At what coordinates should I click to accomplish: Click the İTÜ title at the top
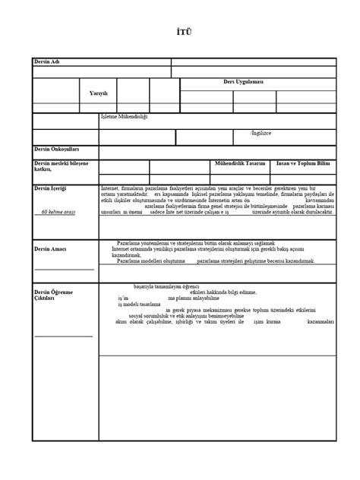tap(180, 33)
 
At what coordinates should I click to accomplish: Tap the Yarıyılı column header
tap(99, 93)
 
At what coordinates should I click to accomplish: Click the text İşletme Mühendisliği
tap(125, 117)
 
